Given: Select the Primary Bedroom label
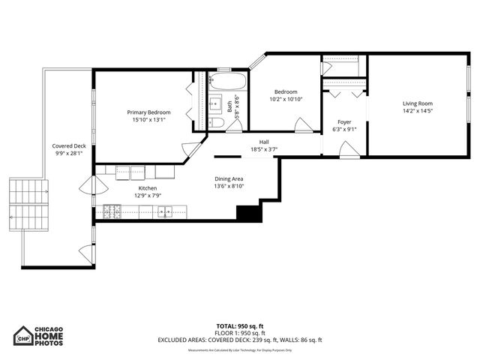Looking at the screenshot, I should click(148, 112).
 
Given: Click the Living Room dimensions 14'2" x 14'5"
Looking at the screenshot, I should click(418, 111).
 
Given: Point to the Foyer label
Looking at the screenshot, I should click(344, 121).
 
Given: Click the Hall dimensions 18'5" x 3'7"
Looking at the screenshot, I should click(264, 149).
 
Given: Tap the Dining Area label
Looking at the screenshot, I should click(229, 178).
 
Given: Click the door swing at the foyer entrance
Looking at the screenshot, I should click(348, 149).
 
